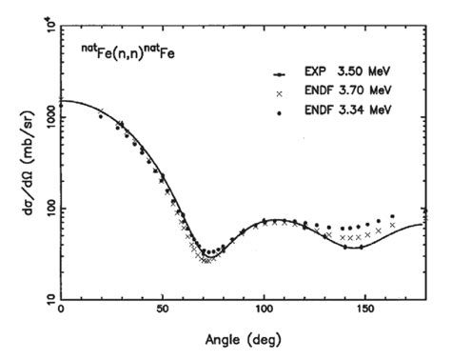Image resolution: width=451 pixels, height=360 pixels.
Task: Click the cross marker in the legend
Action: (x=279, y=92)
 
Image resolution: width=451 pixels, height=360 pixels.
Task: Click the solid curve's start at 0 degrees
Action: (x=62, y=100)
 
